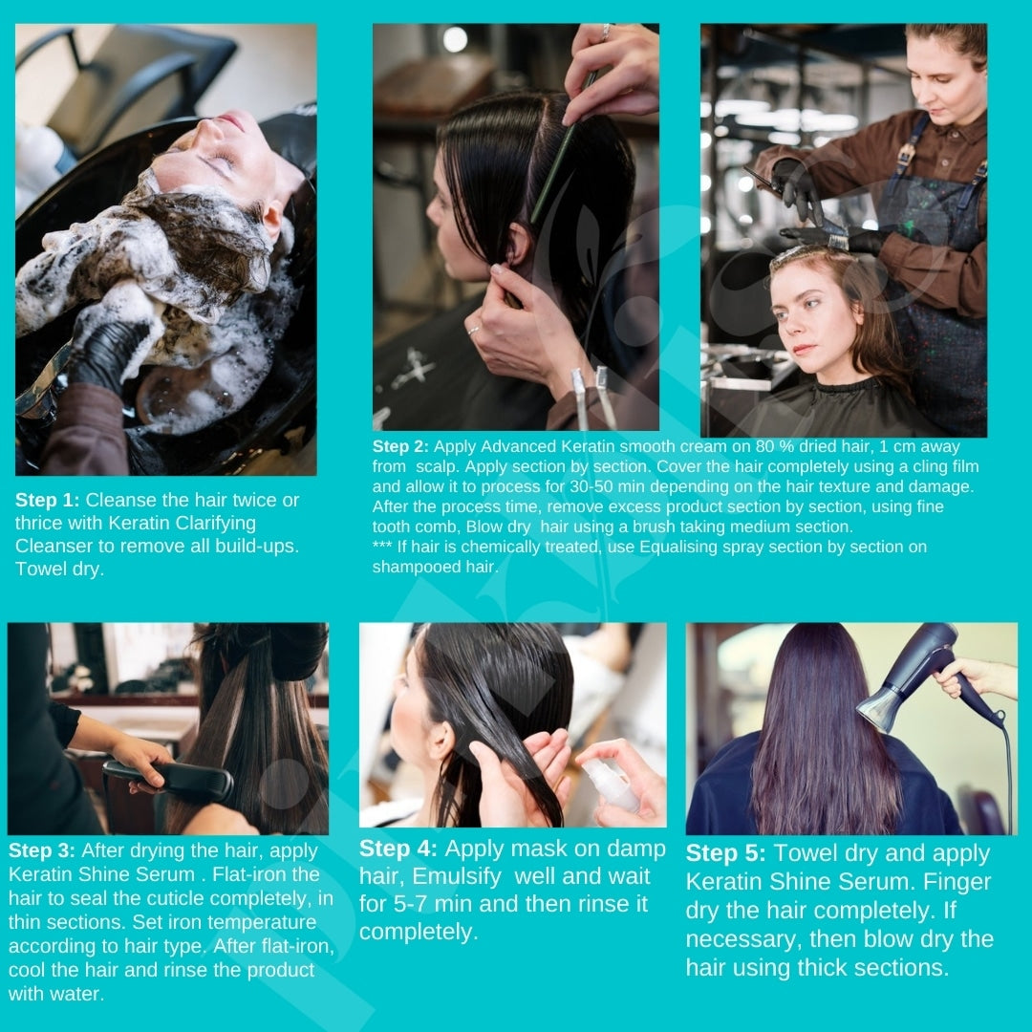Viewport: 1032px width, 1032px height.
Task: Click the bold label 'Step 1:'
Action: pos(48,500)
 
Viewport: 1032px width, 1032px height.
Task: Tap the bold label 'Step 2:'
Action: pos(400,446)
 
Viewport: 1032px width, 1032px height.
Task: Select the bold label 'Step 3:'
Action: pos(41,850)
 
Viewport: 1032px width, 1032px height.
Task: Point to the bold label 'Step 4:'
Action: pos(398,849)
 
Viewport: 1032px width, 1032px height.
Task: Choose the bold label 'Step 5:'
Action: pos(725,853)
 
